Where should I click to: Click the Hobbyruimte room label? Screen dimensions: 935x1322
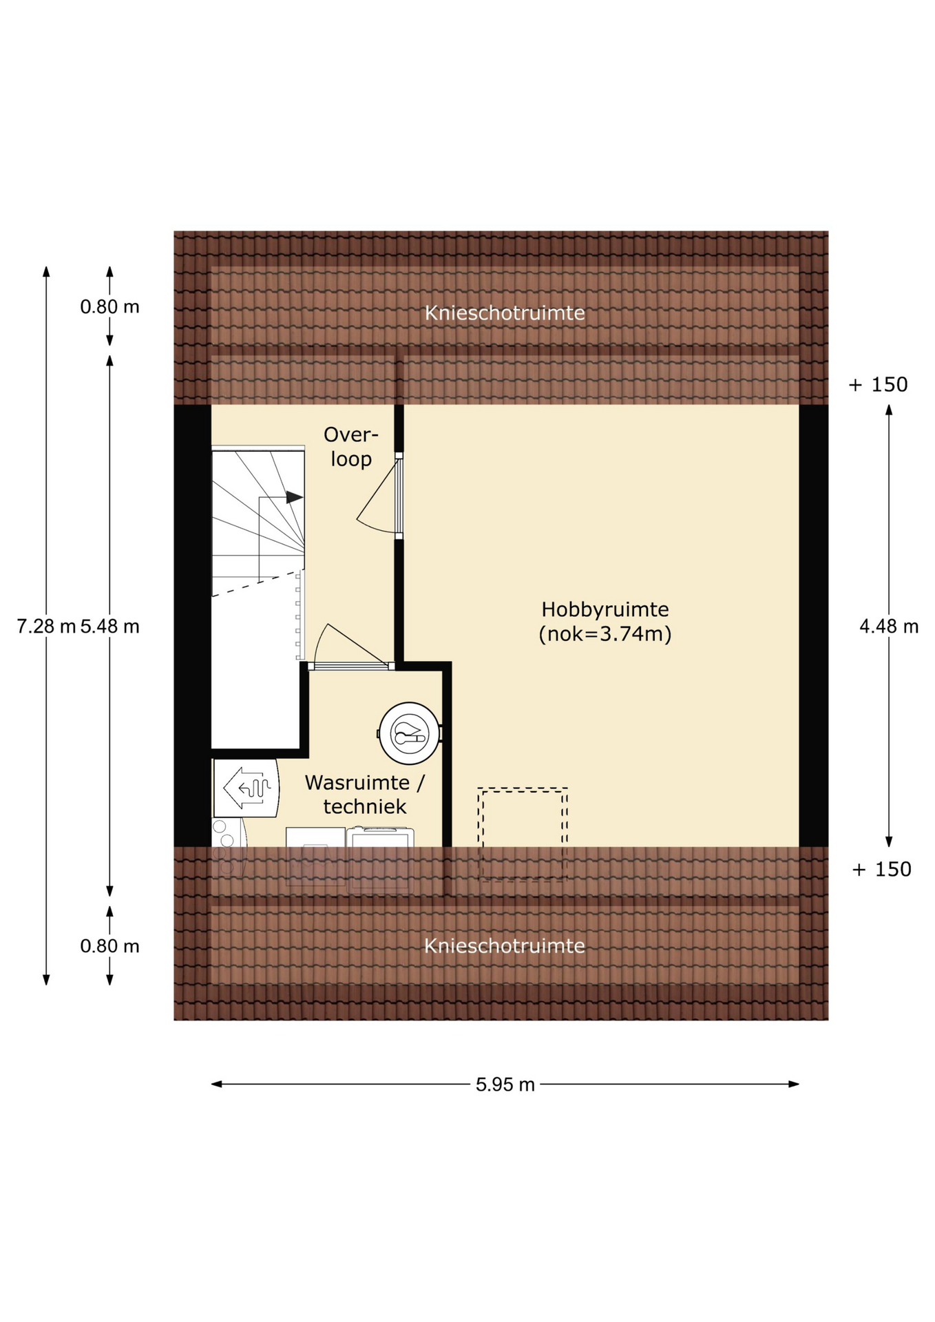tap(605, 621)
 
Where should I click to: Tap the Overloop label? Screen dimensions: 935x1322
tap(351, 446)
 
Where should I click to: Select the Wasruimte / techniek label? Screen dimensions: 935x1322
tap(365, 794)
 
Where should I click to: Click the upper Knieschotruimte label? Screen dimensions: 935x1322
tap(505, 313)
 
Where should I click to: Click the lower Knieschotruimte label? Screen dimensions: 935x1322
tap(505, 945)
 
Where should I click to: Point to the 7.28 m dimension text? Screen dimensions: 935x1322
tap(46, 626)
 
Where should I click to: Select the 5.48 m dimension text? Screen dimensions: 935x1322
tap(110, 626)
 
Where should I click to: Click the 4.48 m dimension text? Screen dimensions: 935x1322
tap(889, 626)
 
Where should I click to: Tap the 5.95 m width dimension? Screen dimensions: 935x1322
tap(505, 1084)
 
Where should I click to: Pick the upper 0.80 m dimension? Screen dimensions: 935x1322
tap(110, 306)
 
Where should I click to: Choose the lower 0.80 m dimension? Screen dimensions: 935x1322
tap(110, 945)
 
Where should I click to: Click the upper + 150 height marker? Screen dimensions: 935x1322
tap(879, 384)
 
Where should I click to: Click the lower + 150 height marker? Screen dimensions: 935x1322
tap(882, 869)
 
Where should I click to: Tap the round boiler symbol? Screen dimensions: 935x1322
tap(410, 733)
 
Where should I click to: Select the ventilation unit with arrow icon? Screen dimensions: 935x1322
tap(246, 788)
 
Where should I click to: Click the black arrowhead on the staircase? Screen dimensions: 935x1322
tap(295, 497)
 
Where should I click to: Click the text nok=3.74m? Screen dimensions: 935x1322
tap(605, 633)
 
